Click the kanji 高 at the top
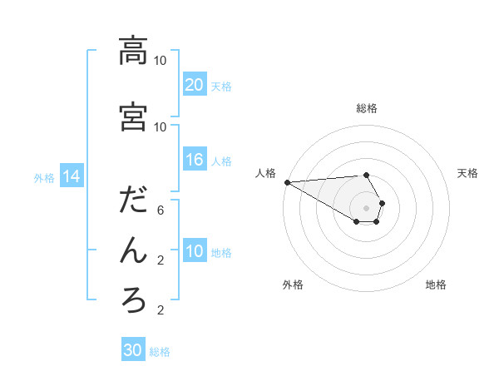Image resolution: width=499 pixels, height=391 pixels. [x=133, y=52]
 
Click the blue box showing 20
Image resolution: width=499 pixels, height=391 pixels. [x=194, y=84]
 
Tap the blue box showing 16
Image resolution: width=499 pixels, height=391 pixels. [x=194, y=160]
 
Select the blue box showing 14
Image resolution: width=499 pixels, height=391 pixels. [x=71, y=176]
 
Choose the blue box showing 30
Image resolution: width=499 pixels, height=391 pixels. [x=133, y=350]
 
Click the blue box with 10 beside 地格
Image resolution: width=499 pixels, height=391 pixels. [x=194, y=251]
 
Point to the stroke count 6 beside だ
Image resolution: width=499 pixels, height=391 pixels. [x=160, y=210]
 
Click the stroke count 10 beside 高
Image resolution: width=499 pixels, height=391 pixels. [x=160, y=61]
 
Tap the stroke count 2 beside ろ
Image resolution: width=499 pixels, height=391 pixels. [x=160, y=310]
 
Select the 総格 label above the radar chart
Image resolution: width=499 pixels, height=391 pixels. [x=367, y=108]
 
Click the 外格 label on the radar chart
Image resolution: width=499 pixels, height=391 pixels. [x=293, y=285]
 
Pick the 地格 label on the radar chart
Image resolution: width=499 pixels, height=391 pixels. [x=436, y=285]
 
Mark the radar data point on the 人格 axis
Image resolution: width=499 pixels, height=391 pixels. [x=287, y=182]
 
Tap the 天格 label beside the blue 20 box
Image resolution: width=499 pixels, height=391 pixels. [x=221, y=86]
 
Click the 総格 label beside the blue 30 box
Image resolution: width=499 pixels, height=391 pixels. [x=160, y=352]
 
